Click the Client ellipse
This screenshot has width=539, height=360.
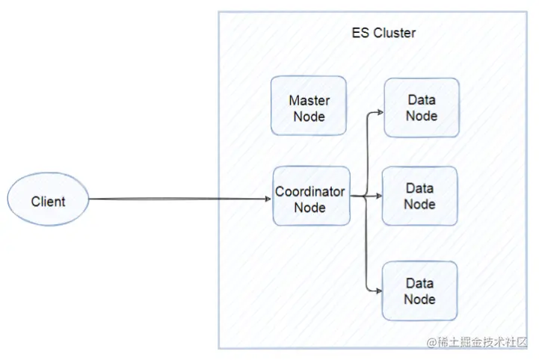[49, 201]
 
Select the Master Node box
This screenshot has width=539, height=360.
[309, 106]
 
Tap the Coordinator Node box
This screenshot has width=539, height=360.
[311, 196]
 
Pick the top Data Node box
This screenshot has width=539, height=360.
[422, 107]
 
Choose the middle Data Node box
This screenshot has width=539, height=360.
[419, 196]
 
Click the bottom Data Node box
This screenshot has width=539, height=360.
[419, 291]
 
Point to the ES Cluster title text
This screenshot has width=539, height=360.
[384, 34]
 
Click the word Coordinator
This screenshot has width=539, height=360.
[309, 192]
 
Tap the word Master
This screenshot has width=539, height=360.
[309, 100]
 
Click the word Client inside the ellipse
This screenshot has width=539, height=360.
[49, 202]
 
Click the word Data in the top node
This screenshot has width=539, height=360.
[422, 100]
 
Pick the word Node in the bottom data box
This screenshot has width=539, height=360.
[419, 299]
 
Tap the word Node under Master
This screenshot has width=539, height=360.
[309, 117]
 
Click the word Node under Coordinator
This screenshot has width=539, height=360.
[309, 208]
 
